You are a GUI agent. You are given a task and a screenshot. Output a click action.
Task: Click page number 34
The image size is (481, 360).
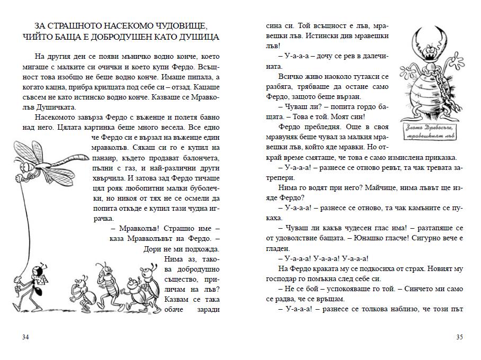[x=25, y=337]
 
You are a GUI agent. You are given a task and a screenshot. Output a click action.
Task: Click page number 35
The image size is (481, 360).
[x=459, y=337]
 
